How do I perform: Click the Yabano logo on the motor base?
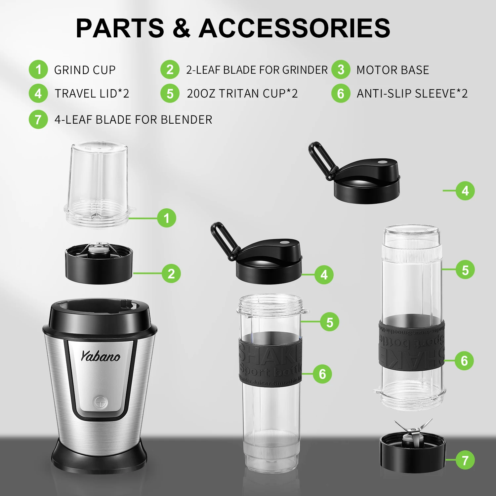pos(101,356)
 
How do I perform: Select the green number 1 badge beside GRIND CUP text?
pos(38,70)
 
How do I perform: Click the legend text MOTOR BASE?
pos(393,70)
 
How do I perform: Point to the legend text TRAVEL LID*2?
pos(92,94)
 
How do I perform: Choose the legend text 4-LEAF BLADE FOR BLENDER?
pos(133,120)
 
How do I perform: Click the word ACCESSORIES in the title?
pos(294,28)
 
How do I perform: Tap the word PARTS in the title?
pos(120,28)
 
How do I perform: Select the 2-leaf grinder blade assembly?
pos(99,263)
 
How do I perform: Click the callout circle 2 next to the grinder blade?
pos(171,273)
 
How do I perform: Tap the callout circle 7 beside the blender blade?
pos(465,460)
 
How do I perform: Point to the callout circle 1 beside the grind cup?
pos(166,218)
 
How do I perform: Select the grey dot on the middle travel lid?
pos(284,242)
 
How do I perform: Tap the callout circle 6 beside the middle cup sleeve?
pos(322,374)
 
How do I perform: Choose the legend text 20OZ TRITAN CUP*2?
pos(242,94)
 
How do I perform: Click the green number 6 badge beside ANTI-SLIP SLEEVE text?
pos(341,94)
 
